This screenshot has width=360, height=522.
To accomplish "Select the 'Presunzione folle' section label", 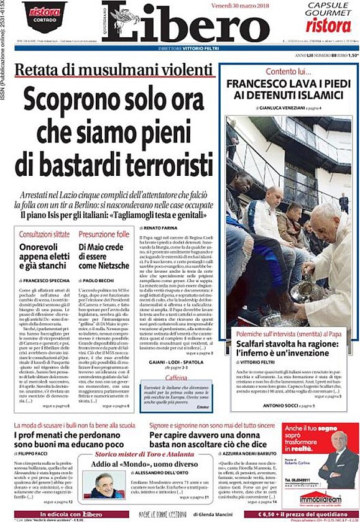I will [104, 234].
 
